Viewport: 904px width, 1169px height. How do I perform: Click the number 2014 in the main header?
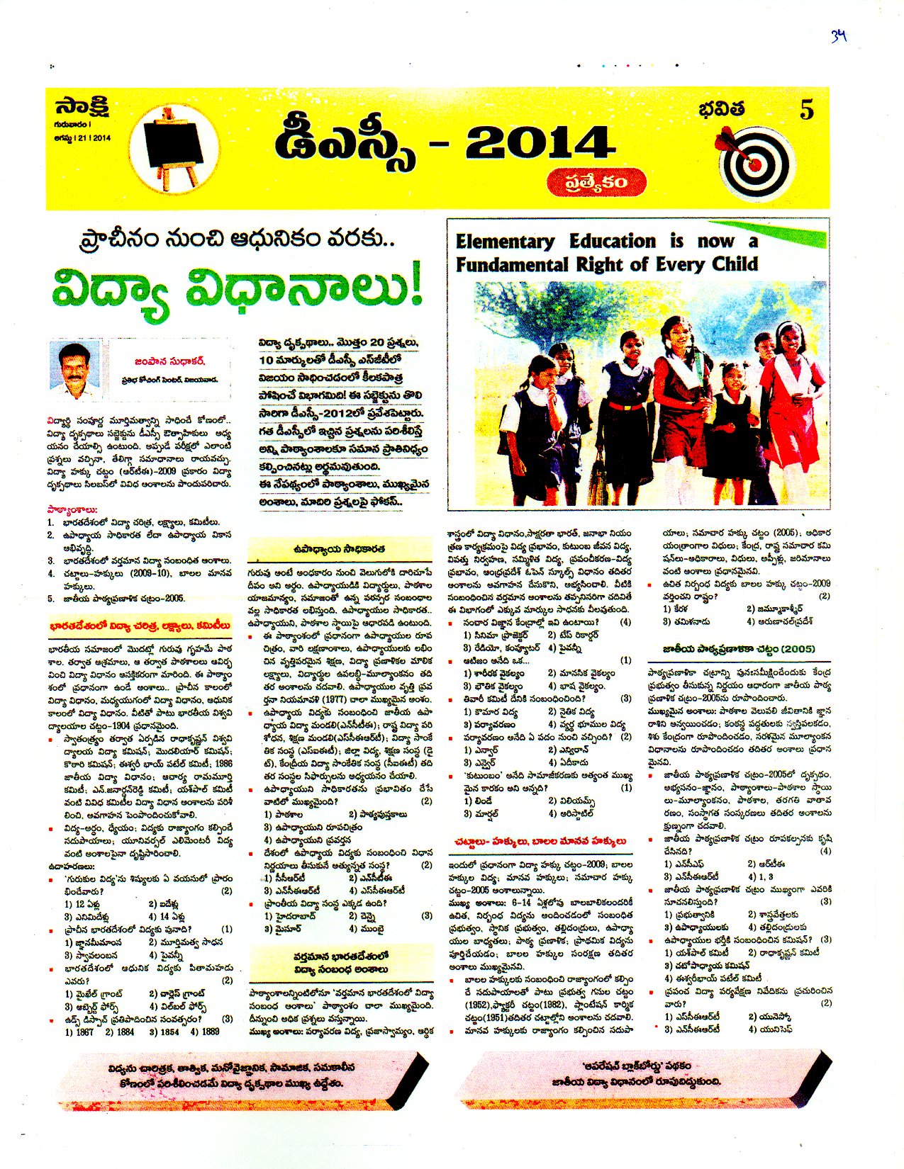[540, 145]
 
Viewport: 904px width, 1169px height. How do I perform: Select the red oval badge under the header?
[596, 182]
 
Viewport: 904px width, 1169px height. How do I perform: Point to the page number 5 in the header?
[806, 111]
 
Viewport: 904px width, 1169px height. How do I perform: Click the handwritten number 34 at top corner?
[839, 36]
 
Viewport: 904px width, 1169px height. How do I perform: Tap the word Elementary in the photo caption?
[505, 242]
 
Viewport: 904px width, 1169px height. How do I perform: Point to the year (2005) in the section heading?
[796, 649]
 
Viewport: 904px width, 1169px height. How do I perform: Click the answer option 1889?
[211, 1032]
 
